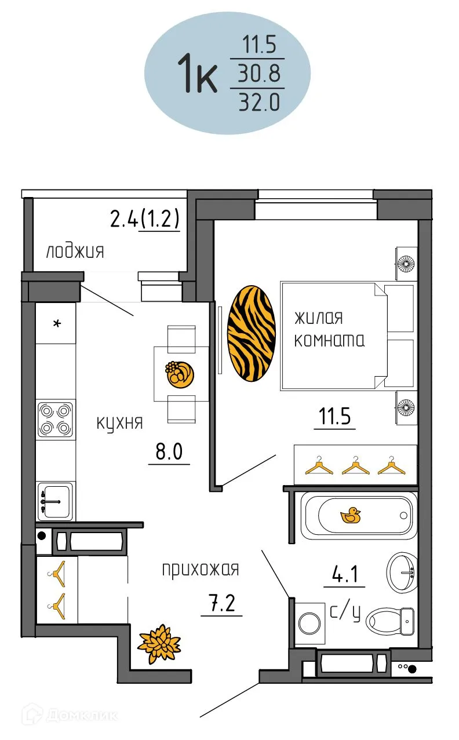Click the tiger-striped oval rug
click(x=250, y=334)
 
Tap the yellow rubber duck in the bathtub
click(x=350, y=515)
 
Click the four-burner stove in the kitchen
click(x=56, y=420)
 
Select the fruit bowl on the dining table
click(x=176, y=374)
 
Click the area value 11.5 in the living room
click(x=334, y=417)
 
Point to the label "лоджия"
click(x=75, y=252)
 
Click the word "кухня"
click(x=119, y=422)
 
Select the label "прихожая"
click(x=200, y=570)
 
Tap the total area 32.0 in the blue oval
click(x=258, y=103)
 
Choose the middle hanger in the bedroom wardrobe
click(x=355, y=465)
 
